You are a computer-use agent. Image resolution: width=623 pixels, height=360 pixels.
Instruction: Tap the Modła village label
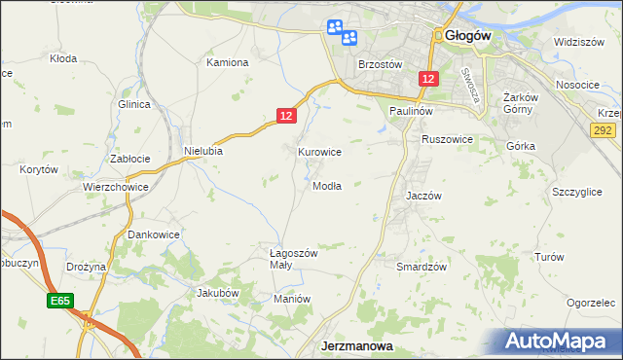click(326, 186)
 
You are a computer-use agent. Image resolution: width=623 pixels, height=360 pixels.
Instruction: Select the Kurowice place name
click(319, 152)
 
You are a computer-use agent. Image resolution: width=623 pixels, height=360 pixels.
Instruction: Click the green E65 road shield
click(59, 303)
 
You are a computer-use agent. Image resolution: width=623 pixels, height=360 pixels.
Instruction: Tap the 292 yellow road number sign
click(605, 128)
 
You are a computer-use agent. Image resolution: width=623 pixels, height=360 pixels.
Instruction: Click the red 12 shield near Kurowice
click(285, 116)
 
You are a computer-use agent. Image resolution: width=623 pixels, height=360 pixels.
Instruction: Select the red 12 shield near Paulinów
click(428, 77)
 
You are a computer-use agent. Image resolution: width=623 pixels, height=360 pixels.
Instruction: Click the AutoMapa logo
click(560, 342)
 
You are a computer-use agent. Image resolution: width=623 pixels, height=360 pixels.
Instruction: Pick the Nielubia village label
click(203, 151)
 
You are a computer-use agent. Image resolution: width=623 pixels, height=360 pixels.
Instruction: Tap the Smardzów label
click(421, 266)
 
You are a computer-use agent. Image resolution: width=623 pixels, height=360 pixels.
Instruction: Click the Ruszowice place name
click(447, 139)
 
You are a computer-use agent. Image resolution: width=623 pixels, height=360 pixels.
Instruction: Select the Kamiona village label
click(228, 62)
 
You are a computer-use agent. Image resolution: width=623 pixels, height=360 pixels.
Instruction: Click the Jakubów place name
click(217, 292)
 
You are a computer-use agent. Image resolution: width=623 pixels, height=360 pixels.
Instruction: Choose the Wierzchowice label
click(115, 186)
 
